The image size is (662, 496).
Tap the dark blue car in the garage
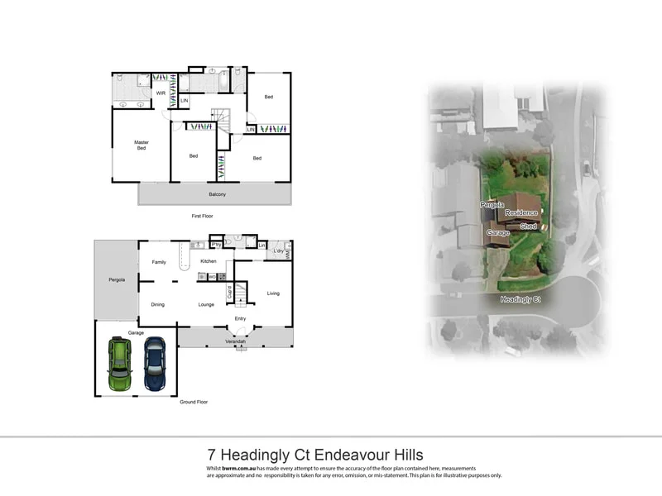155,364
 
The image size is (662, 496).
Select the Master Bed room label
142,146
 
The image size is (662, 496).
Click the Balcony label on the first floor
216,194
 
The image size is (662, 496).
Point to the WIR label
161,93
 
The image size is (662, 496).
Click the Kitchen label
208,261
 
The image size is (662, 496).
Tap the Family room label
159,262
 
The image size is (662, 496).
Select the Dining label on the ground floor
157,304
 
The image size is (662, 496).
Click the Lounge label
206,304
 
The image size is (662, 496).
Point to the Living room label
272,293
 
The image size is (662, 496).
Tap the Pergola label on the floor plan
116,280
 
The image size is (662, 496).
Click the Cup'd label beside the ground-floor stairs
229,293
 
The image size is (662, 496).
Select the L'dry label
279,250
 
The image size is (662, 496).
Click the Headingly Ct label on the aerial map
520,299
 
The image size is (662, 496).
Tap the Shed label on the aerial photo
528,225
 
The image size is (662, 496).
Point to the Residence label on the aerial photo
521,213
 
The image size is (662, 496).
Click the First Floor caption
203,215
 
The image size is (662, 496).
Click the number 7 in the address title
212,455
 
